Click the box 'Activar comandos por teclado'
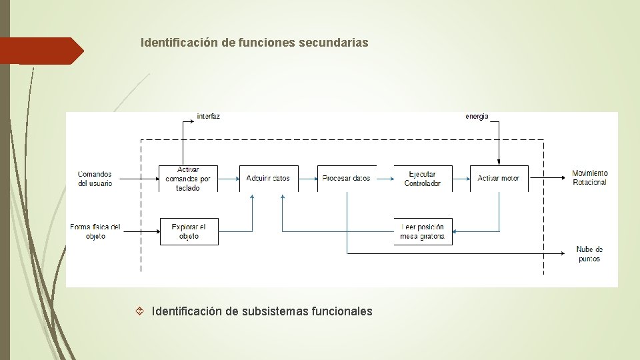click(x=188, y=179)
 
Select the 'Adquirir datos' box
click(x=268, y=179)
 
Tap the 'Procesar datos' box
click(x=346, y=179)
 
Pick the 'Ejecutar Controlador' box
click(x=423, y=179)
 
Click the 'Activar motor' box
click(x=499, y=179)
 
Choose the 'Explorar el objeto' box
click(x=189, y=231)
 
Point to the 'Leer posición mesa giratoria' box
click(x=423, y=231)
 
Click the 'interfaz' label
click(x=208, y=116)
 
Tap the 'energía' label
click(x=477, y=116)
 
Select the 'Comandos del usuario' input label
click(x=95, y=178)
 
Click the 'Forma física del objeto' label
click(x=95, y=231)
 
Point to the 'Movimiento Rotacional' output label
click(x=590, y=178)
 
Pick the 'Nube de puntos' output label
click(x=589, y=254)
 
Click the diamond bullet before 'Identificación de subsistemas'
click(x=140, y=311)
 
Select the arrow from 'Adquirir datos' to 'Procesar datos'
click(x=307, y=179)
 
